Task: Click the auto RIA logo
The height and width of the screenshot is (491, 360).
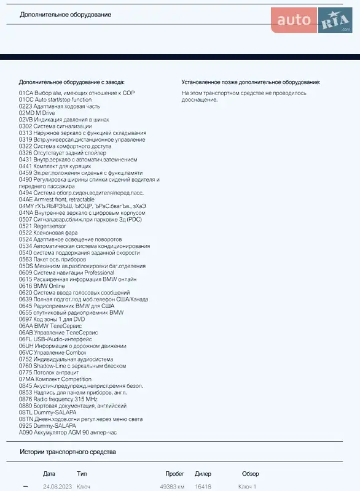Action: coord(311,21)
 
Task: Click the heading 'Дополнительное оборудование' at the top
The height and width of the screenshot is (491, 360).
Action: coord(65,15)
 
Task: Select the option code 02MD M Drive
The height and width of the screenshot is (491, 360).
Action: coord(37,113)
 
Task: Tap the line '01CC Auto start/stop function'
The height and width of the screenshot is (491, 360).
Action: coord(55,99)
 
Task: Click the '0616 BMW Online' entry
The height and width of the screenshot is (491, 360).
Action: coord(42,286)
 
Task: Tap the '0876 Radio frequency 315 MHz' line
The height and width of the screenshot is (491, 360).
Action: coord(58,399)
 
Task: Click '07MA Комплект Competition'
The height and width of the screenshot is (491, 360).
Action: coord(55,379)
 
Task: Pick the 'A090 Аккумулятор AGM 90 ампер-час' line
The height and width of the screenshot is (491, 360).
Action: coord(68,432)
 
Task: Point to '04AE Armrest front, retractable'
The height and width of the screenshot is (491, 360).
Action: coord(57,199)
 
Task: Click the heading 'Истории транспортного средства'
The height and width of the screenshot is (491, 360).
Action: coord(68,452)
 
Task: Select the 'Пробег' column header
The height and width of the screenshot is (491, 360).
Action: coord(175,474)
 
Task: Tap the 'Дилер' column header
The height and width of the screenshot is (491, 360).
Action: coord(203,474)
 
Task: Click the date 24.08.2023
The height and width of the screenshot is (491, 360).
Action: coord(57,486)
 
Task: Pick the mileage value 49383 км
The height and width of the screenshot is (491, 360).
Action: coord(172,486)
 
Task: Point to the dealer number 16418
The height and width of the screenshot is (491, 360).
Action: coord(203,486)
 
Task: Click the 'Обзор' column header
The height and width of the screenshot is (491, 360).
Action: coord(250,474)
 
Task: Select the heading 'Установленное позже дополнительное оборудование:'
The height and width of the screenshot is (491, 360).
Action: coord(251,82)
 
